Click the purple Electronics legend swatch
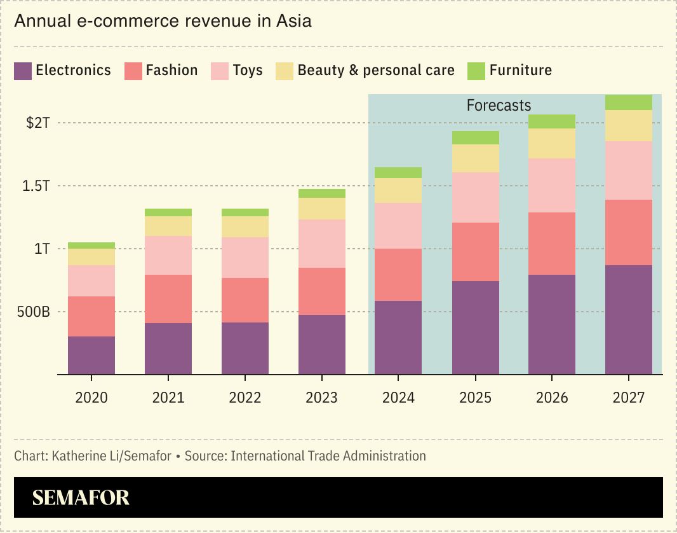(x=23, y=71)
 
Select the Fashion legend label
(x=171, y=70)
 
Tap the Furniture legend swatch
(x=476, y=71)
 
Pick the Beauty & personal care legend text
(x=376, y=70)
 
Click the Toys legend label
(x=247, y=70)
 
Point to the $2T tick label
(x=37, y=123)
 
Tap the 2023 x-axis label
(x=321, y=398)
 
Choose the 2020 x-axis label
(x=91, y=398)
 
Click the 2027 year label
(x=629, y=398)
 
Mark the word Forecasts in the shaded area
(x=499, y=106)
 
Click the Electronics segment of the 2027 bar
(x=629, y=319)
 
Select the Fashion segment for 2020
(x=91, y=316)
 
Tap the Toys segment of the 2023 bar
(x=322, y=243)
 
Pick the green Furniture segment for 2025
(x=475, y=137)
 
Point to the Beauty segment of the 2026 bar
(x=552, y=143)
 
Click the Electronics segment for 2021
(x=168, y=349)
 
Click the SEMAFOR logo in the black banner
(x=81, y=497)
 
